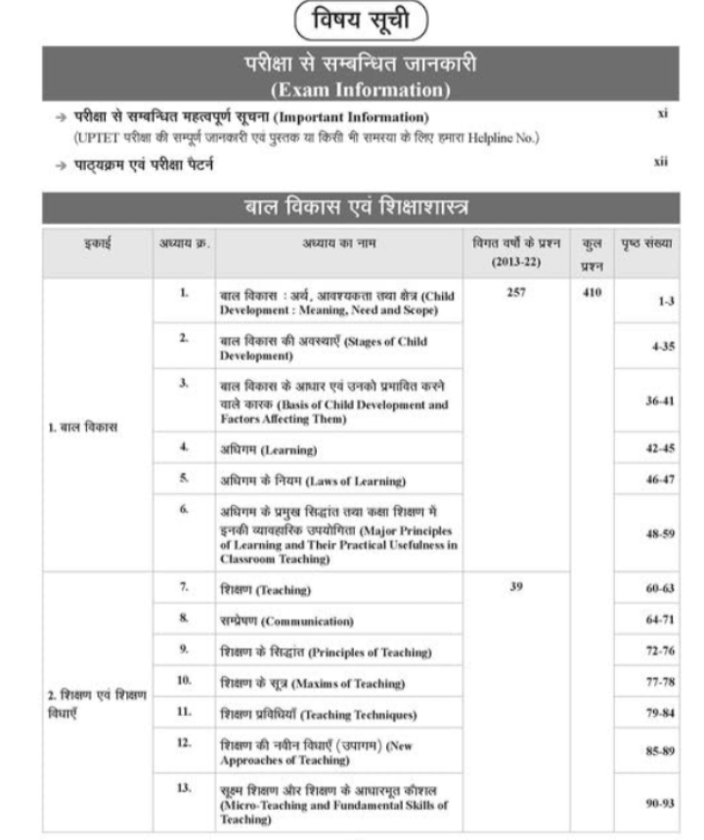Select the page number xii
[x=661, y=163]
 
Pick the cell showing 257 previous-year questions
[x=517, y=292]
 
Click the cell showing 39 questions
[x=517, y=590]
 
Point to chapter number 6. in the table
[x=183, y=510]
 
